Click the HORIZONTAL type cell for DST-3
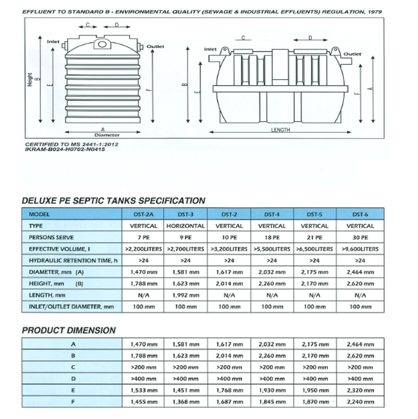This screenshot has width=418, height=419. tap(186, 226)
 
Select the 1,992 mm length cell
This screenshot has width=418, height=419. tap(186, 294)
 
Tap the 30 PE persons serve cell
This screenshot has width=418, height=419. tap(357, 237)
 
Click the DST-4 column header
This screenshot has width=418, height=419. tap(271, 214)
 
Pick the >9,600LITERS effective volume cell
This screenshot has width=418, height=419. tap(357, 249)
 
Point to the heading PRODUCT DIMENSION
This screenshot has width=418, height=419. tap(68, 330)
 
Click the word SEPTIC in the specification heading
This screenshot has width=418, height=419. tap(97, 201)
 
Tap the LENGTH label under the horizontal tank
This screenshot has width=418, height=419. tap(279, 130)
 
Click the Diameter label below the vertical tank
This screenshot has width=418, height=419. tap(103, 135)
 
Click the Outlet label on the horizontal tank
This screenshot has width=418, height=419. tap(352, 54)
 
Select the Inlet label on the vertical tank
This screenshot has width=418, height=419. tap(53, 40)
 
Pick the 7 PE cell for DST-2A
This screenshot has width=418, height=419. tap(143, 237)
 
